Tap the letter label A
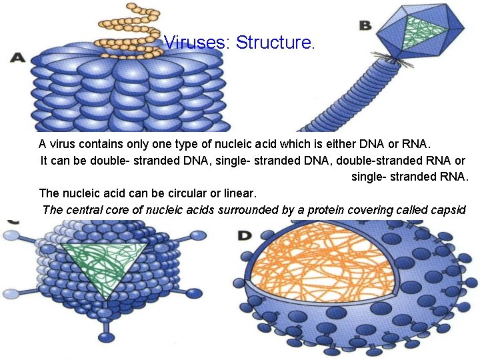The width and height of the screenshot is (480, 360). click(17, 58)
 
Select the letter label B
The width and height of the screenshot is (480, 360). click(365, 25)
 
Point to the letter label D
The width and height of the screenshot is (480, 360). click(245, 235)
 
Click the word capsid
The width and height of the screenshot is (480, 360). click(449, 210)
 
